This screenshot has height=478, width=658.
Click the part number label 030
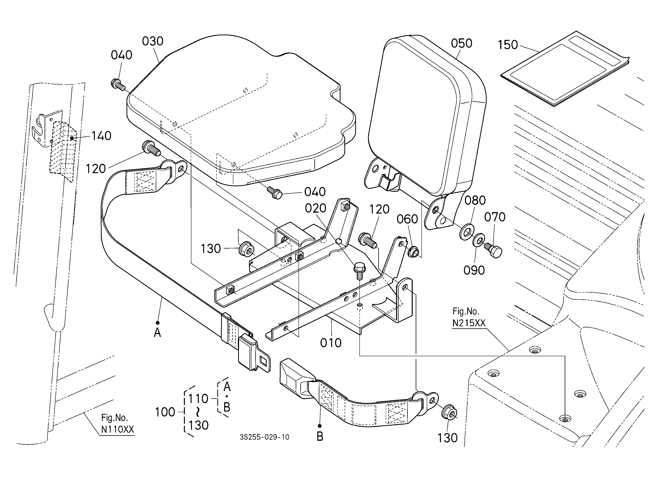153,41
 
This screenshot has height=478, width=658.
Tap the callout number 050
461,44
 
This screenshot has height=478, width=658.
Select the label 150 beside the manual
508,45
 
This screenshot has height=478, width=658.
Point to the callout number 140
101,136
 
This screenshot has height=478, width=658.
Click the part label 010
331,343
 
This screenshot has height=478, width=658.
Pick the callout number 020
316,208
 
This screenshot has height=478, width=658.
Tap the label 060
407,219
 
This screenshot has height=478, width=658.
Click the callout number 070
495,217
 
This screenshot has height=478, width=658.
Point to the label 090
474,270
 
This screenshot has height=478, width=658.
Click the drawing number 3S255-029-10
265,437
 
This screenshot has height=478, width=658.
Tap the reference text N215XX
469,323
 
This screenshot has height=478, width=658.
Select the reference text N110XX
118,429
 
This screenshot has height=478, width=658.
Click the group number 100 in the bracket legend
165,412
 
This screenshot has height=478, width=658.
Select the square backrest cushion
426,116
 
